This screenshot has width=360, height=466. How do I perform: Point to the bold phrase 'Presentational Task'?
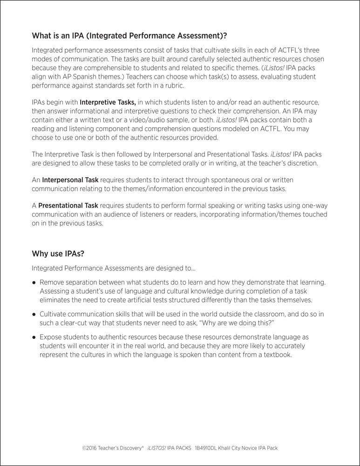68,205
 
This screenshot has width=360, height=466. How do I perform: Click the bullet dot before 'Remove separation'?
34,283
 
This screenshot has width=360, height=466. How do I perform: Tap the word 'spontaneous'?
218,179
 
